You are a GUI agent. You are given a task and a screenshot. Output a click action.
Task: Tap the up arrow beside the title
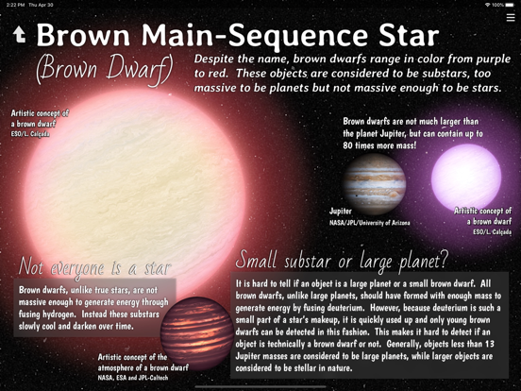[18, 35]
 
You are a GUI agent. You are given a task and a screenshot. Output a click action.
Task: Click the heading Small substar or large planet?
[341, 259]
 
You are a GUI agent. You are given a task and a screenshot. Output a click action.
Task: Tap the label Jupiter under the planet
[340, 212]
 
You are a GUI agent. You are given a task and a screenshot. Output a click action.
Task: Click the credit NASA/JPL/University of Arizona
[369, 223]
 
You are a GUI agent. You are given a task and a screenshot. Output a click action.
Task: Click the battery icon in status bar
[510, 5]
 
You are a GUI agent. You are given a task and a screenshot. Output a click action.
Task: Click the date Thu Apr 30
[42, 5]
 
